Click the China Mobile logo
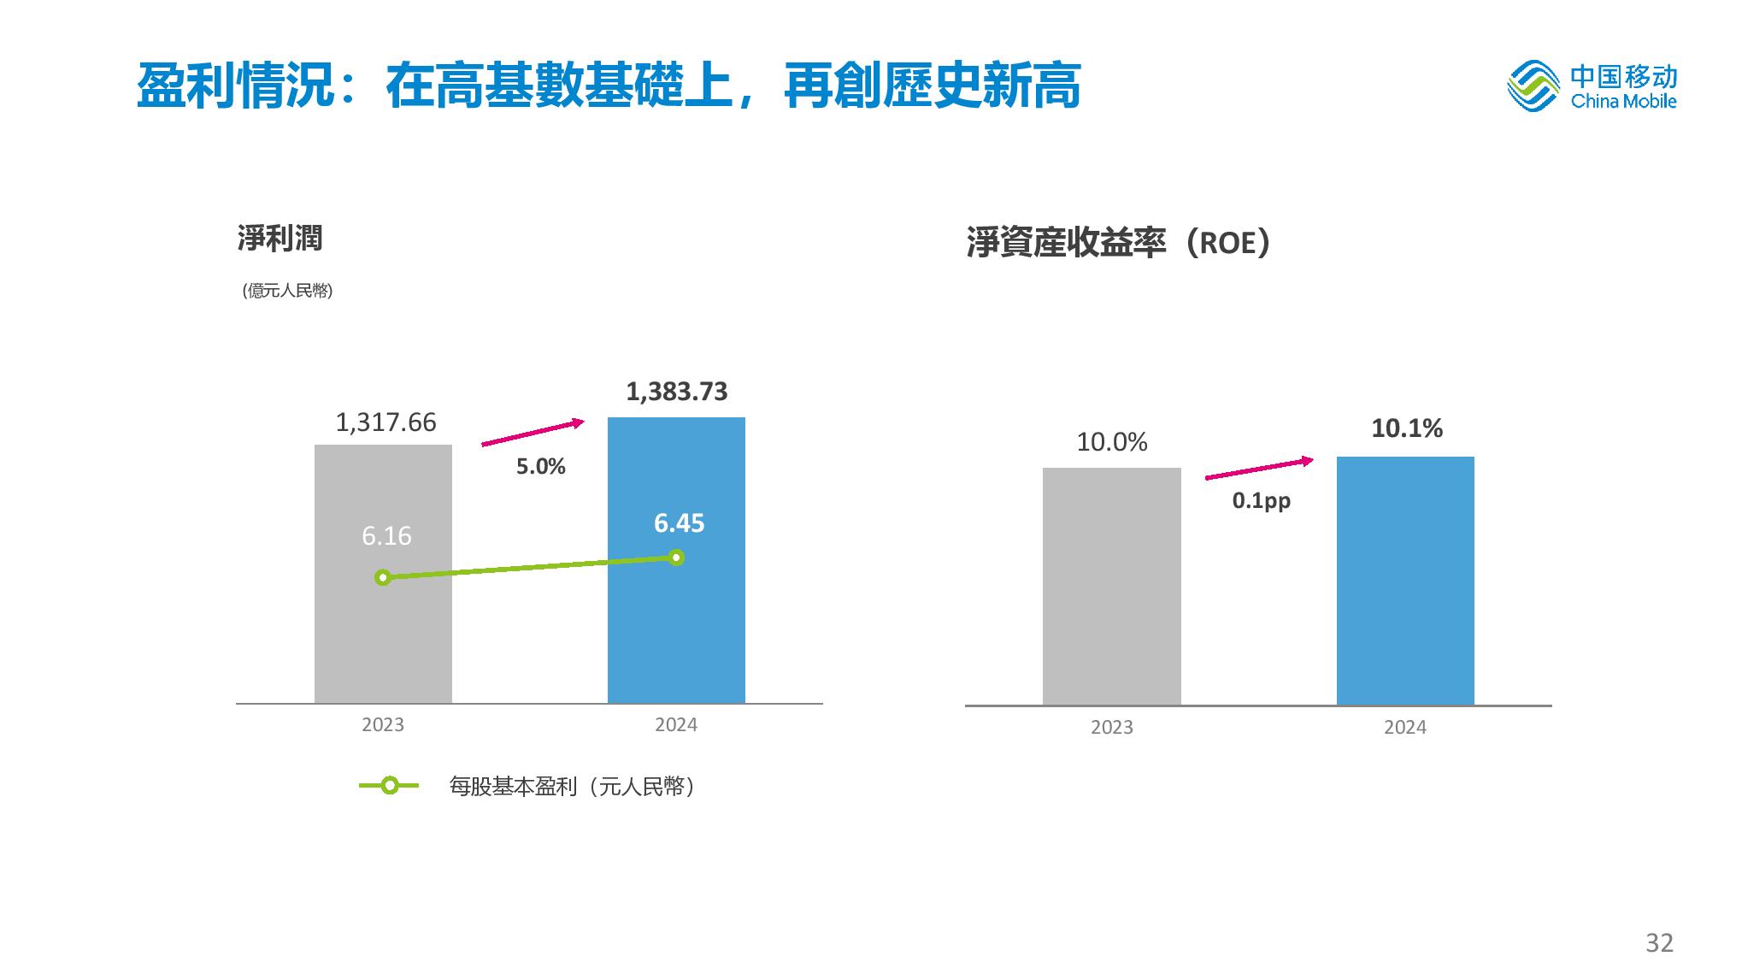pos(1592,86)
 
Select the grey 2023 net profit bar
pos(383,641)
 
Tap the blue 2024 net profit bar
pos(676,641)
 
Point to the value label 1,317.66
pos(385,422)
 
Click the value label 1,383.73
pos(677,392)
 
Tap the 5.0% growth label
pos(540,467)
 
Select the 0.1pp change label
pos(1261,501)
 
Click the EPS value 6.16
pos(386,536)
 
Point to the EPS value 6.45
pos(679,523)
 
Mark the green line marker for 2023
pos(383,578)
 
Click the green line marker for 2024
pos(676,558)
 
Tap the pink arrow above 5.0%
pos(533,433)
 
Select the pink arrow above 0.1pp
pos(1259,469)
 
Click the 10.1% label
pos(1407,428)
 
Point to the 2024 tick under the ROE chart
pos(1405,728)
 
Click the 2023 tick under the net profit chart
pos(383,725)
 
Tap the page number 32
pos(1659,943)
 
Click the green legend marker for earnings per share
pos(389,786)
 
